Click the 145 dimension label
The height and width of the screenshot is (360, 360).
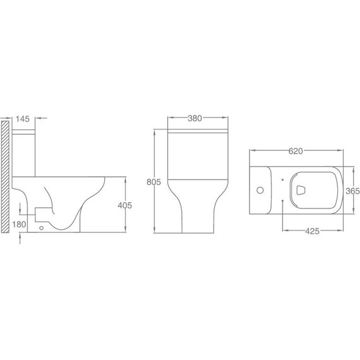[23, 119]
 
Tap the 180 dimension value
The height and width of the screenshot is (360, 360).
[19, 224]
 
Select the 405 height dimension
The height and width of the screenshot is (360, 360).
[125, 205]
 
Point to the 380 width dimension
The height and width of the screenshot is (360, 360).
[195, 118]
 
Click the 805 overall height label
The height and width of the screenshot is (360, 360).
[154, 182]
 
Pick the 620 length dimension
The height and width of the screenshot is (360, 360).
[296, 151]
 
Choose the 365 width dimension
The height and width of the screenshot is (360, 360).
[353, 191]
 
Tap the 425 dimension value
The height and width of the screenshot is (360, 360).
[312, 231]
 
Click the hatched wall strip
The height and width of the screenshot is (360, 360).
[5, 177]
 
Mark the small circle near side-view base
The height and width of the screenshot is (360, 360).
[41, 228]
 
